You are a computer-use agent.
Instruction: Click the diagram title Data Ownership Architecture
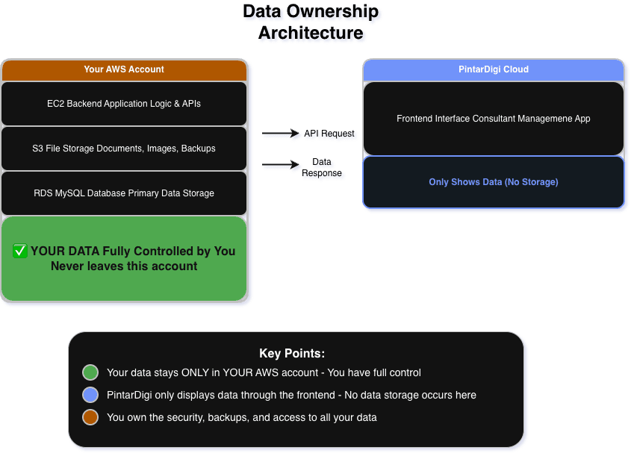(311, 22)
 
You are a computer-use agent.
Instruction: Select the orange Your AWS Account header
(124, 69)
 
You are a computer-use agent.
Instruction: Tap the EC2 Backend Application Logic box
(124, 104)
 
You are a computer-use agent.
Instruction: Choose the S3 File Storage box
(124, 149)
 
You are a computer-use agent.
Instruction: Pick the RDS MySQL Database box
(124, 193)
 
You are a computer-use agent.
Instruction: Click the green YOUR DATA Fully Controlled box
(124, 259)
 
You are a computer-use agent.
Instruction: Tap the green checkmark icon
(20, 252)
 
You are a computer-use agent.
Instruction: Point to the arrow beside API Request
(281, 134)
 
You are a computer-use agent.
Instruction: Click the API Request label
(329, 134)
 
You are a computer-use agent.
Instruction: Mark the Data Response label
(322, 168)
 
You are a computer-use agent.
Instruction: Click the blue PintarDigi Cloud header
(493, 69)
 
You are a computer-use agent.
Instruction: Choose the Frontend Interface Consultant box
(493, 119)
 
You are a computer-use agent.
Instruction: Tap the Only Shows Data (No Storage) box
(493, 182)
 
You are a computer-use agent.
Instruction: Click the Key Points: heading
(292, 353)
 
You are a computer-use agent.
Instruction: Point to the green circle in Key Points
(90, 372)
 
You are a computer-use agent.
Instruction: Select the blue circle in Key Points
(90, 395)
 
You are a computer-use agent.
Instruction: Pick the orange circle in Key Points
(90, 417)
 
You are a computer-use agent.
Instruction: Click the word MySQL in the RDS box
(69, 193)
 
